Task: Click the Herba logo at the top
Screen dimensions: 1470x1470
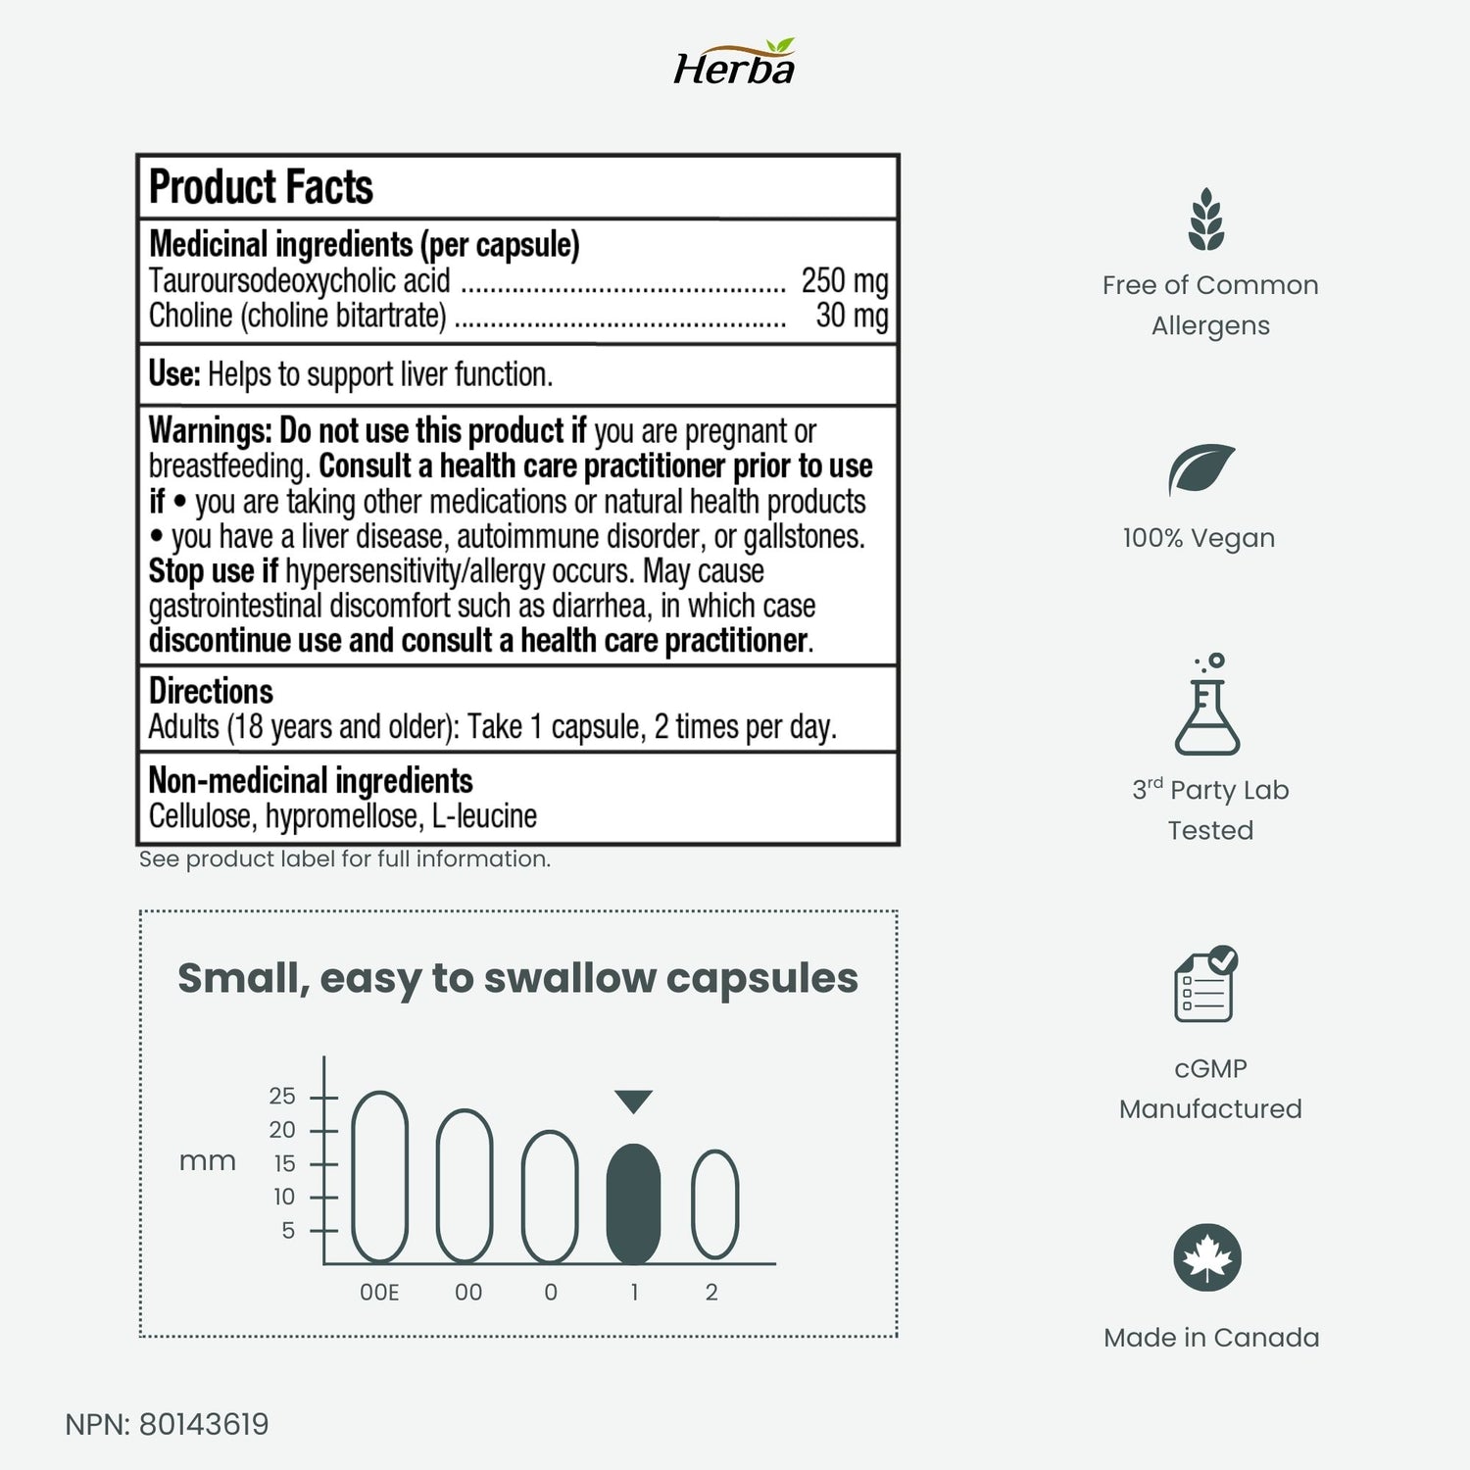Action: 734,65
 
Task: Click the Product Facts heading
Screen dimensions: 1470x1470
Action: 261,187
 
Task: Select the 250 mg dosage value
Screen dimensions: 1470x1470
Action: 844,281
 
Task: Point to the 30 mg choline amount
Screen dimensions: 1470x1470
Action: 852,316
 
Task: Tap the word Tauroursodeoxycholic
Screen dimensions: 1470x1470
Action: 299,281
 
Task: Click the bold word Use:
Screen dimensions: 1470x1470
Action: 174,374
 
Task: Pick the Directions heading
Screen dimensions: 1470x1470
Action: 211,691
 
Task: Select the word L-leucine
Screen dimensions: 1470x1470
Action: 484,815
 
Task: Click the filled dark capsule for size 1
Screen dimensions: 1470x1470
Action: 634,1203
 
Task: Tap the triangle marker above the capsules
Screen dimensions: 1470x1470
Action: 633,1101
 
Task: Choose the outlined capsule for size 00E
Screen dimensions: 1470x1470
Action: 379,1176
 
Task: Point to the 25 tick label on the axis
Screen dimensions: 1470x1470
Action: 282,1096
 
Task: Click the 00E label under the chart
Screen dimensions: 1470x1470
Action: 379,1293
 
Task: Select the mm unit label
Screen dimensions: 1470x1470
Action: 208,1161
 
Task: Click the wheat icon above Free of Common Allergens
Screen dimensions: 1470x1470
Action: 1206,220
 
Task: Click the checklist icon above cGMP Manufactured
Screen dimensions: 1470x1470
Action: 1205,985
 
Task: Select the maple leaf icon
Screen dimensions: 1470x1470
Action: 1207,1257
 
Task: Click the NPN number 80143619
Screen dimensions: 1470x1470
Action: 204,1424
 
